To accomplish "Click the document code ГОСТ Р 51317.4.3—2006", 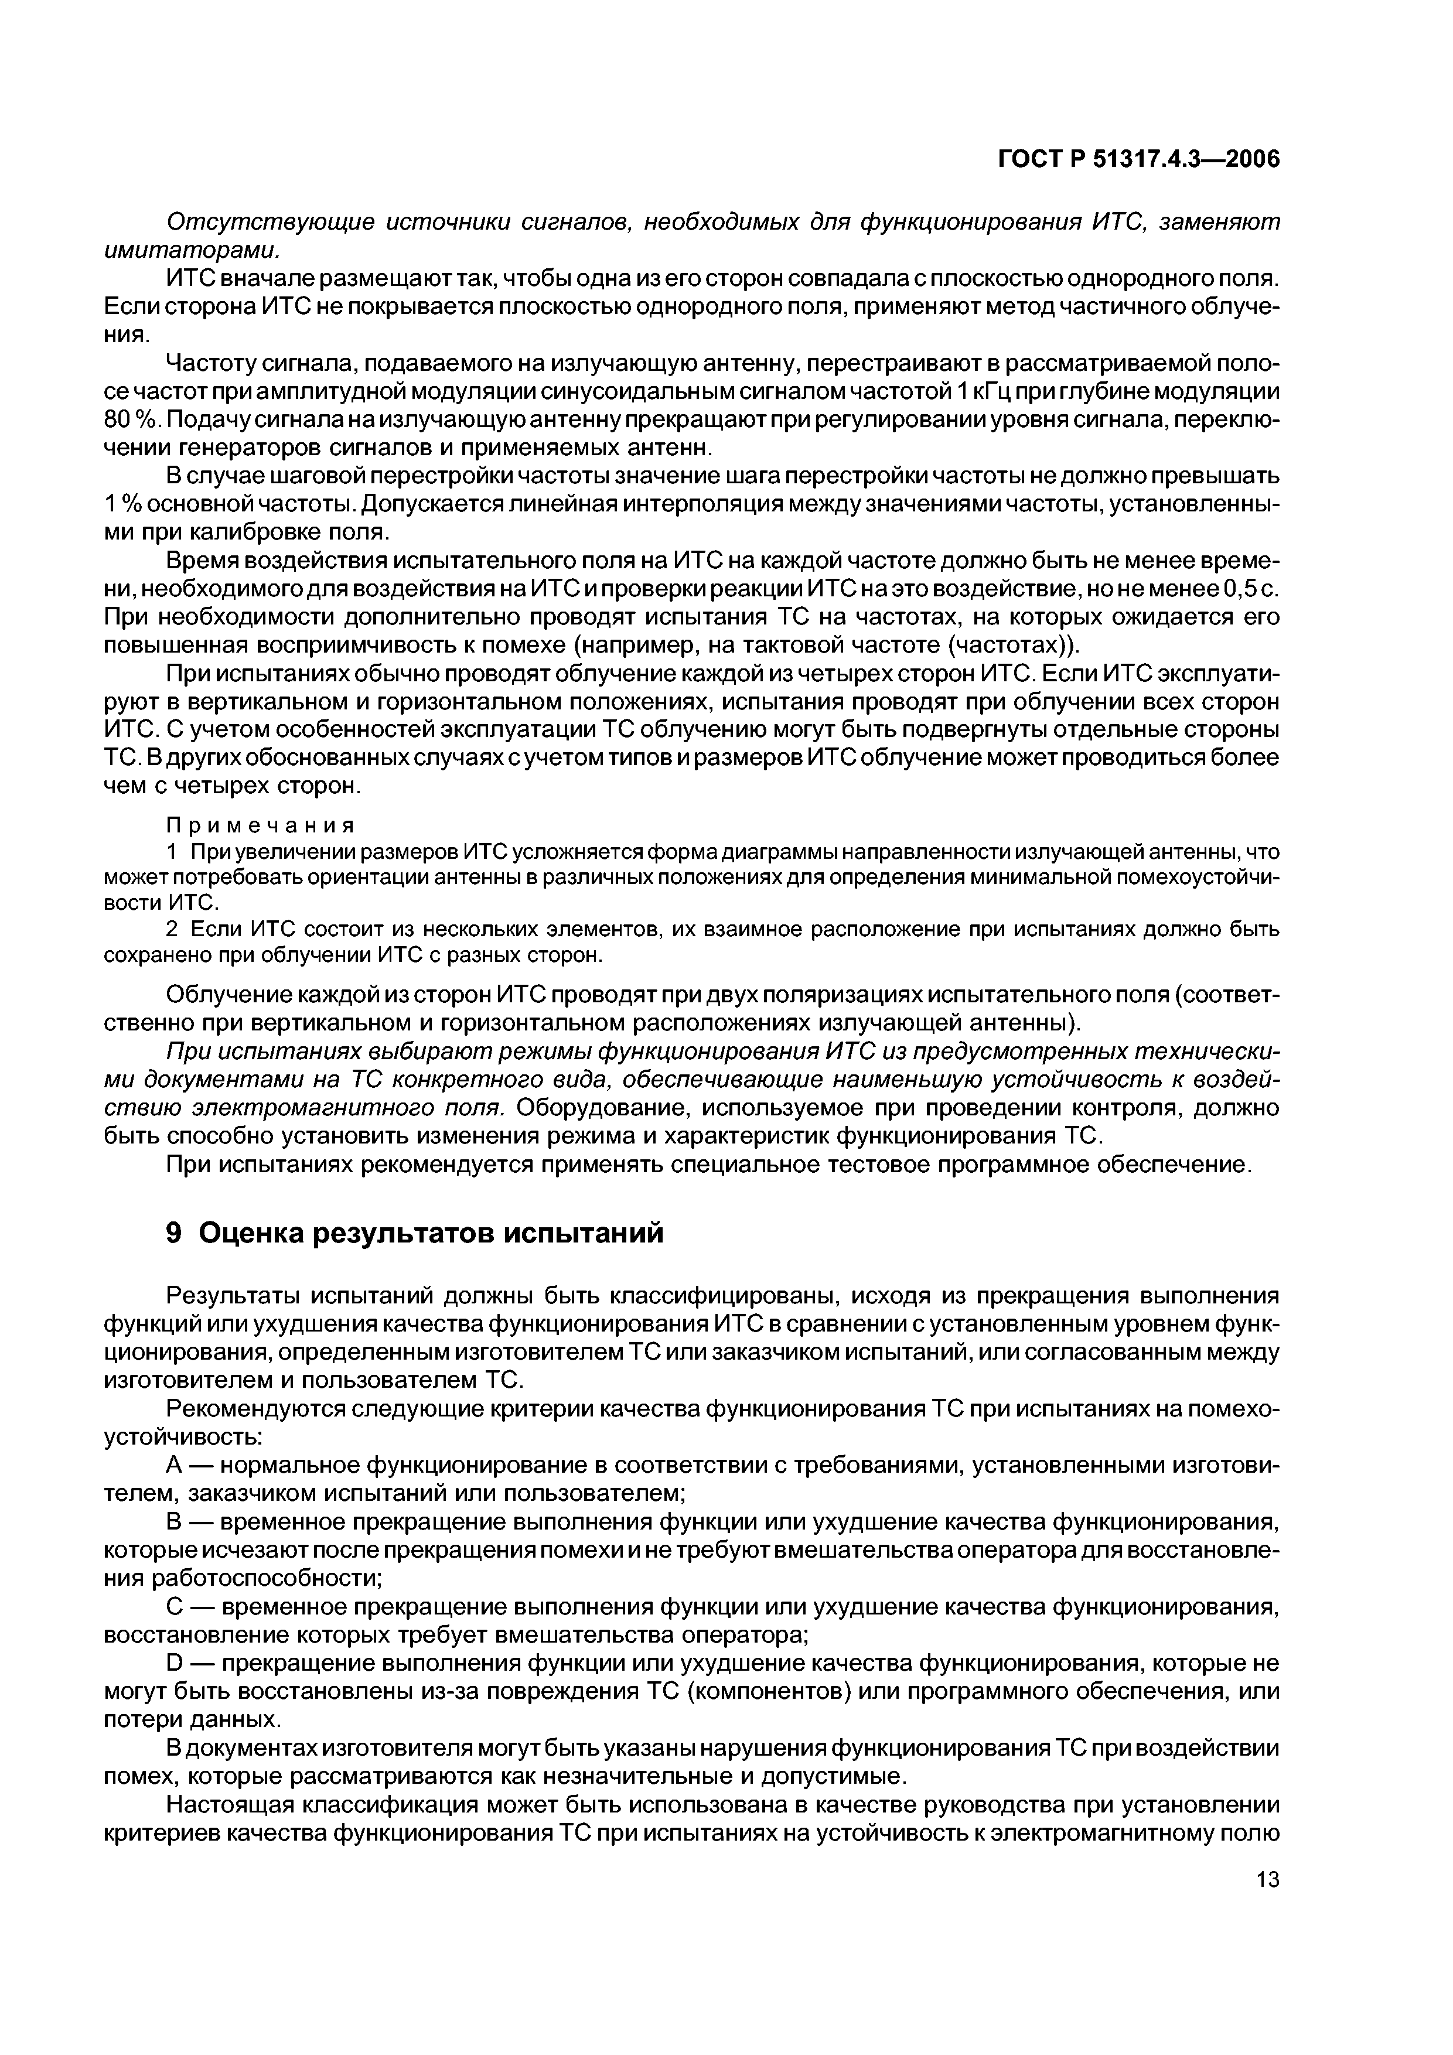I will pos(1139,159).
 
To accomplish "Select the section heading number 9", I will pos(175,1233).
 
